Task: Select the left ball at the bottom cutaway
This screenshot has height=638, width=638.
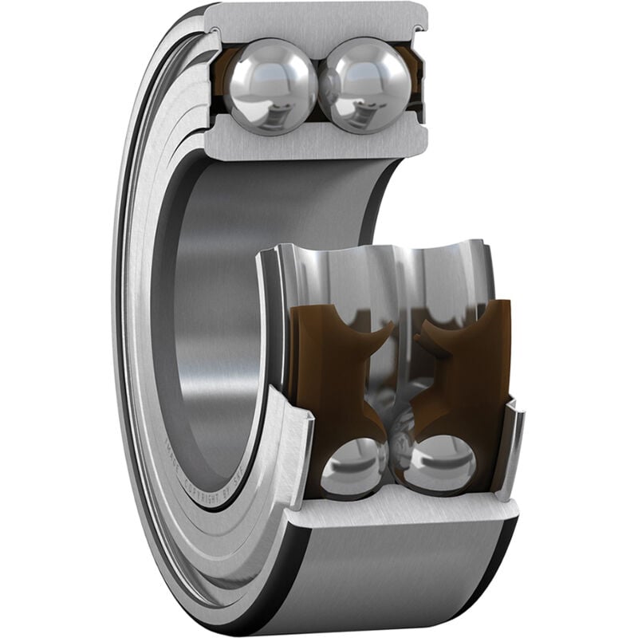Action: coord(354,464)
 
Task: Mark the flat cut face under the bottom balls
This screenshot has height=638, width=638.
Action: coord(399,504)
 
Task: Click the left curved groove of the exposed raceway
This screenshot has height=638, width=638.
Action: coord(335,271)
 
